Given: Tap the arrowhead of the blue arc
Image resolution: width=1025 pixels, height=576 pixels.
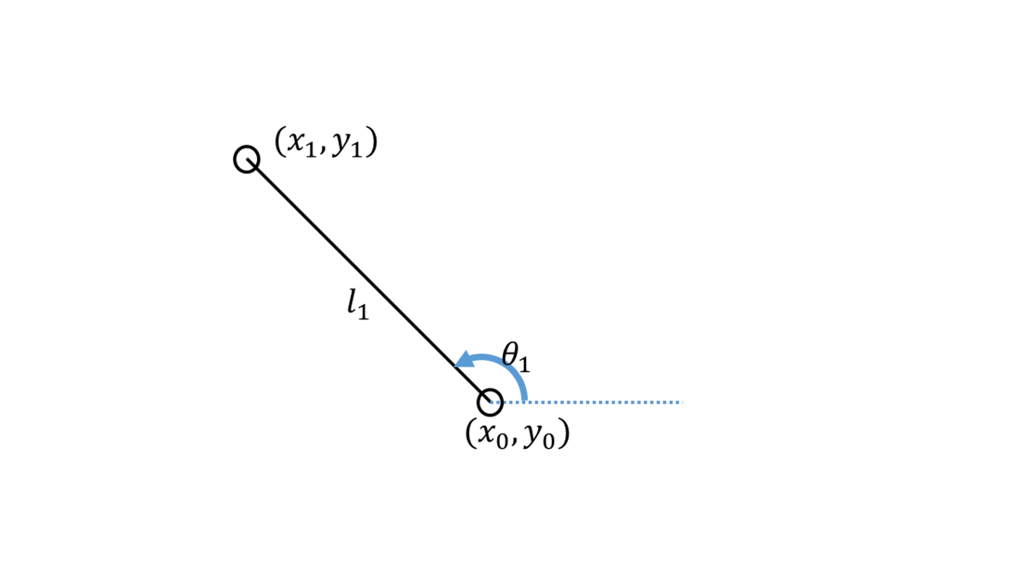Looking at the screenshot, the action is [x=464, y=361].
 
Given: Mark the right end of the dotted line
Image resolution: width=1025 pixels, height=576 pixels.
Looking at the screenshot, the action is [x=681, y=401].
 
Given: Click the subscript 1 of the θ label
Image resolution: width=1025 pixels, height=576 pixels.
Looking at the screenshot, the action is [x=524, y=365].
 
